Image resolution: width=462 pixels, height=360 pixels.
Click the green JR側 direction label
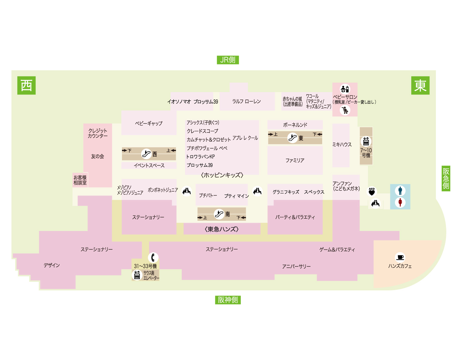click(x=228, y=60)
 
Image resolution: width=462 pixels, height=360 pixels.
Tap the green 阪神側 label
click(x=228, y=300)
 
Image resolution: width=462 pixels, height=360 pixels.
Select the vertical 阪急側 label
click(x=446, y=179)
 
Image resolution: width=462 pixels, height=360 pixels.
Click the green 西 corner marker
click(x=26, y=85)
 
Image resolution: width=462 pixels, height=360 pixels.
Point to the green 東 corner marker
click(x=420, y=85)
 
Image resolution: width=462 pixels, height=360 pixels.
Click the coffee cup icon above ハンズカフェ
click(x=400, y=257)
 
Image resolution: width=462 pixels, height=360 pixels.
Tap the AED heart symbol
click(x=372, y=192)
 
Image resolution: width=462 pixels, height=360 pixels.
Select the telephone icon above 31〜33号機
click(x=153, y=257)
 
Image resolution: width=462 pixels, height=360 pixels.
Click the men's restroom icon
click(x=400, y=191)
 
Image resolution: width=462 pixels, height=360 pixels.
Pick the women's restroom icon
click(x=400, y=202)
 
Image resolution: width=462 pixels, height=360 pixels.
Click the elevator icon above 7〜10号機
click(x=366, y=141)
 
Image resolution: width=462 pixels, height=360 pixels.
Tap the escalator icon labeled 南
click(x=219, y=214)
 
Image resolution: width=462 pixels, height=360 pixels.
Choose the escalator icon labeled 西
click(x=146, y=154)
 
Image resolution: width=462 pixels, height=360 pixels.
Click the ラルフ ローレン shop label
click(x=246, y=101)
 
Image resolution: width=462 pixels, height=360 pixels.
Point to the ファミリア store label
click(x=295, y=160)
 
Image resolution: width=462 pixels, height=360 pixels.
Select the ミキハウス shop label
click(x=342, y=144)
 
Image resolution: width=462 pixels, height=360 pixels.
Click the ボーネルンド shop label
click(x=295, y=125)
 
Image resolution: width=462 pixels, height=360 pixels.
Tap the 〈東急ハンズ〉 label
click(x=221, y=229)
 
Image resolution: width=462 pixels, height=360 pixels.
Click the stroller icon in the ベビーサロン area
click(x=345, y=110)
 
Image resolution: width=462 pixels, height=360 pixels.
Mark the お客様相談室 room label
click(x=80, y=180)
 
